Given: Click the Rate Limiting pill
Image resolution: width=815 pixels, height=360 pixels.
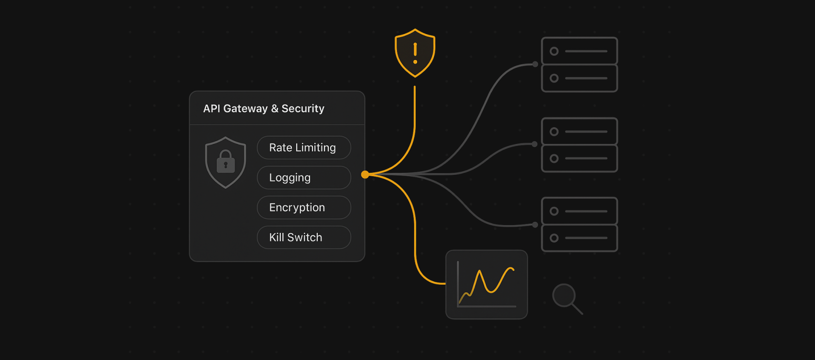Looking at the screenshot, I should (x=304, y=148).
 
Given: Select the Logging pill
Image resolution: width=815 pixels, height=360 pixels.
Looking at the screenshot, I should (x=304, y=178).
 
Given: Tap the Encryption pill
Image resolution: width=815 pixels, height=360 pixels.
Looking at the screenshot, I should (x=304, y=207).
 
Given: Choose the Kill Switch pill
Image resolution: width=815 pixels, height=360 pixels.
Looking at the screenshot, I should (x=304, y=238).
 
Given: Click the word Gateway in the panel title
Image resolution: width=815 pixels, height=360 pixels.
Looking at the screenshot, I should (x=245, y=109).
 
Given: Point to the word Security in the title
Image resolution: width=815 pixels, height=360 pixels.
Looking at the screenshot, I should (x=303, y=109).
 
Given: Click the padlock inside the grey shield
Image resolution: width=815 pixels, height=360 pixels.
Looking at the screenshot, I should (x=226, y=162).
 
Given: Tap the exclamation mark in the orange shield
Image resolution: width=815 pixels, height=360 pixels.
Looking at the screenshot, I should (x=415, y=53).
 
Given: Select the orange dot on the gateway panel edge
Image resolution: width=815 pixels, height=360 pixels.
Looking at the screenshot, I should (x=365, y=175).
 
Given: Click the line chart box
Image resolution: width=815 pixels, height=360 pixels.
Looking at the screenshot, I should (x=487, y=285).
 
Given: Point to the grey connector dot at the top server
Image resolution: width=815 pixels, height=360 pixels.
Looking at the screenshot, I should (x=535, y=64).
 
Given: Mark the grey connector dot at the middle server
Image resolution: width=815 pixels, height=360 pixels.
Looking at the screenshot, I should (x=535, y=144).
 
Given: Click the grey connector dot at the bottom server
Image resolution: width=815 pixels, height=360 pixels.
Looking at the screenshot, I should (x=535, y=225).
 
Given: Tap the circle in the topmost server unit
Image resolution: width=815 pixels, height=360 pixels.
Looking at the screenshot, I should (x=554, y=51).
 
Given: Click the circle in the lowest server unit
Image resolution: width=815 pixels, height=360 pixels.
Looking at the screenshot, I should (x=554, y=238).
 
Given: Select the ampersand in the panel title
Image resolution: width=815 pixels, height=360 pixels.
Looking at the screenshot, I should (x=275, y=109).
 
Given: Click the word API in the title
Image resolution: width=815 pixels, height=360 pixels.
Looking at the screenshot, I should (x=212, y=109).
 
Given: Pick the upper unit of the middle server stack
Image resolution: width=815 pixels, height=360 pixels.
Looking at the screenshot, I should (x=579, y=132).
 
